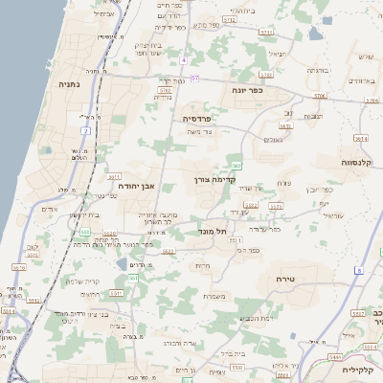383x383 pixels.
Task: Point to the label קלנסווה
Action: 355,164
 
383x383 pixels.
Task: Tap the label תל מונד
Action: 213,230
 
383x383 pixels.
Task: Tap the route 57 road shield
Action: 195,78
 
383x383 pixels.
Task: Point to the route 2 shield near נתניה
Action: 85,129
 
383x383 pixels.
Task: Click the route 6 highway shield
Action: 357,271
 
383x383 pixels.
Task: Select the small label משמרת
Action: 215,296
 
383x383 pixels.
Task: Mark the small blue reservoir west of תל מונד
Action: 120,263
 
